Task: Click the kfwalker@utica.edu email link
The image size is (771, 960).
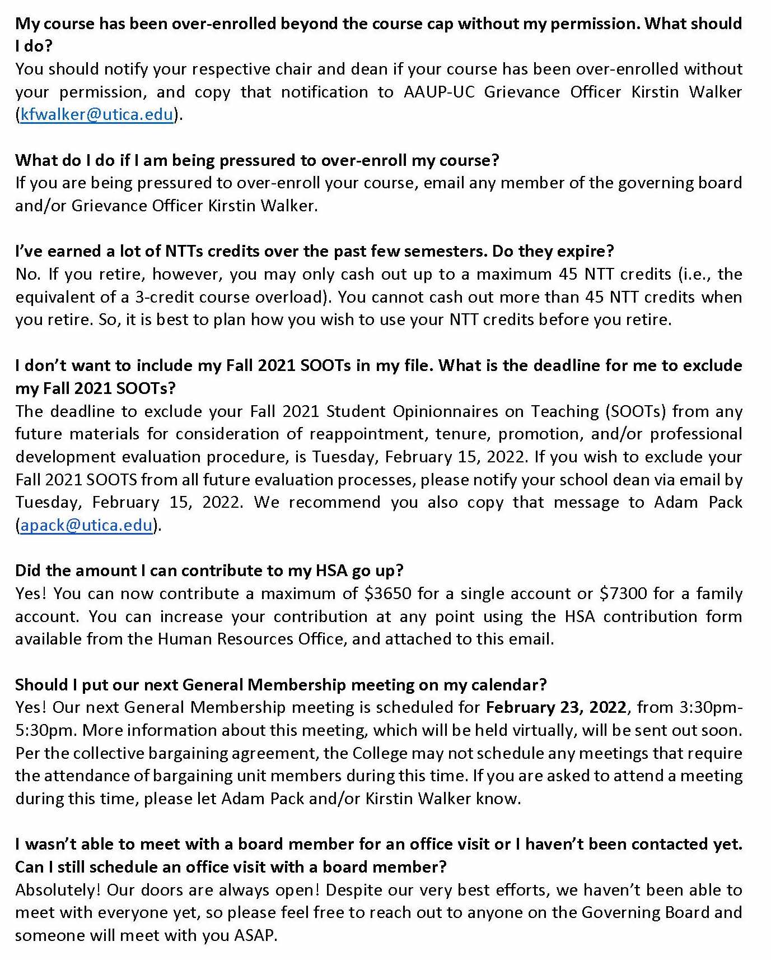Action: pos(96,115)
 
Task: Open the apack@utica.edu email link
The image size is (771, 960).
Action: pos(86,525)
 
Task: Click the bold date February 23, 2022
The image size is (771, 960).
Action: pos(556,707)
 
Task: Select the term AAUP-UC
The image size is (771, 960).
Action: pos(439,92)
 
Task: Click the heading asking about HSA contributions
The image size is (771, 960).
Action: pos(209,571)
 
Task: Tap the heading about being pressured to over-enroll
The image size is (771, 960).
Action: pos(256,160)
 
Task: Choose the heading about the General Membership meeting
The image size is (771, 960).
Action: pos(281,684)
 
